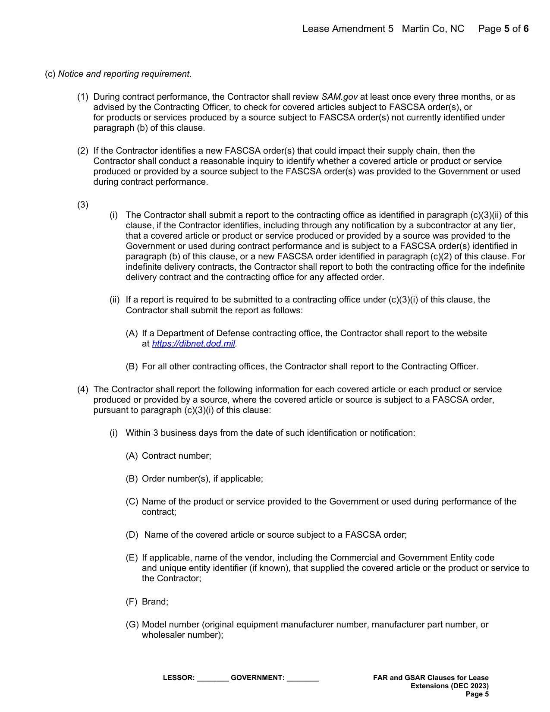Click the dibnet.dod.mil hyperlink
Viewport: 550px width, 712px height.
tap(193, 344)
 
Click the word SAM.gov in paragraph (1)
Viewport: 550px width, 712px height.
tap(339, 97)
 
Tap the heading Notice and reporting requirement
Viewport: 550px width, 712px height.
tap(125, 74)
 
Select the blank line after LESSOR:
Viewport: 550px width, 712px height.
tap(212, 678)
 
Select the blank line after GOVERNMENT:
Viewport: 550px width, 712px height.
tap(302, 678)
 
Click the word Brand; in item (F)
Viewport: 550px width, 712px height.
tap(155, 602)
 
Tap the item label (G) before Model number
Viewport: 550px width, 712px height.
tap(132, 624)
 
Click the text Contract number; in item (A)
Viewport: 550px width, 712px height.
tap(176, 456)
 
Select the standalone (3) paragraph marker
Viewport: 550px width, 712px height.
tap(83, 205)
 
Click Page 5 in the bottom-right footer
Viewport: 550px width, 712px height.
tap(477, 694)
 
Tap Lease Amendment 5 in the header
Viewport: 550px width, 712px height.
tap(348, 29)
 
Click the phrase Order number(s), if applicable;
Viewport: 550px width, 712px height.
tap(202, 479)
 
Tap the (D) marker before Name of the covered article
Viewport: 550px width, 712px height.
tap(132, 535)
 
